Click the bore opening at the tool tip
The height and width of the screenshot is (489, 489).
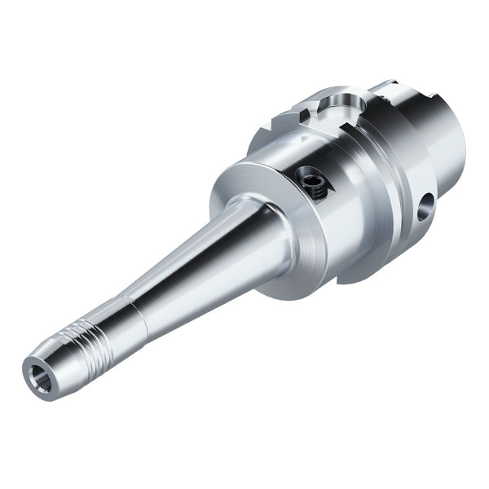coord(37,375)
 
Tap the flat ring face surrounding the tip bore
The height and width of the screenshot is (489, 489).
coord(30,381)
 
